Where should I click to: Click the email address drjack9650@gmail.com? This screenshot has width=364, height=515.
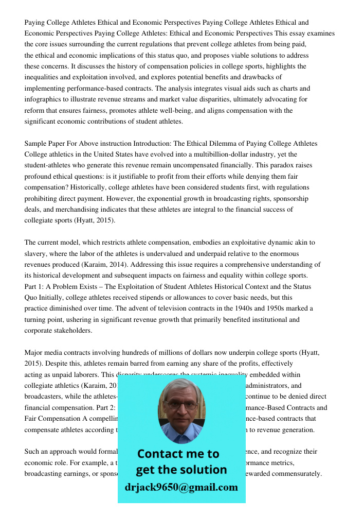tap(181, 487)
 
